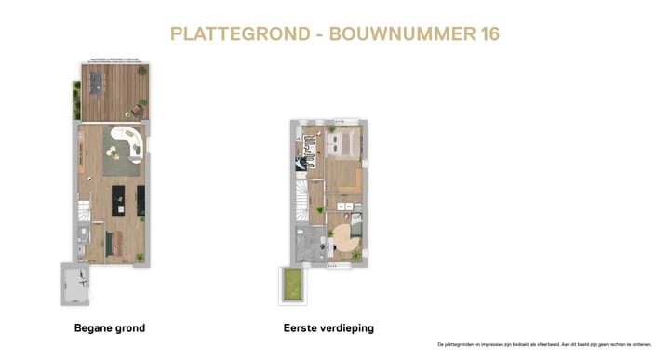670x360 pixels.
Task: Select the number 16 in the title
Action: click(x=489, y=34)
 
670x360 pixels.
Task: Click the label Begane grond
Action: click(x=110, y=328)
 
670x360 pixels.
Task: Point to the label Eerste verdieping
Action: click(x=328, y=328)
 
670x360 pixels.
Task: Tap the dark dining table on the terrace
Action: click(x=96, y=84)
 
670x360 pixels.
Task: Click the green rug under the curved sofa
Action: click(x=121, y=158)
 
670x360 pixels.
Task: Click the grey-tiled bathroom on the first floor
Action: click(x=307, y=245)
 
